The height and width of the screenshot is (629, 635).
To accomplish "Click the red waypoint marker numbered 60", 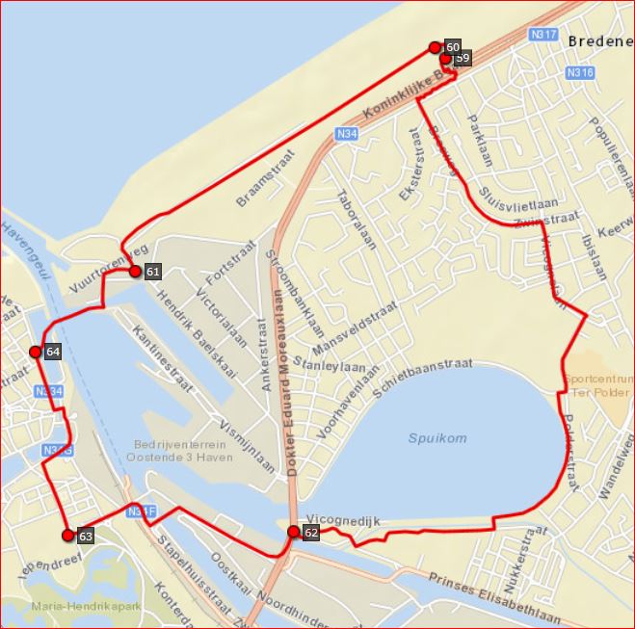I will [435, 47].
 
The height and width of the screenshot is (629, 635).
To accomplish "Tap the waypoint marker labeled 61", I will [135, 272].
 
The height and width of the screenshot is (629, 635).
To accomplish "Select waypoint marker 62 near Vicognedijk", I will [293, 532].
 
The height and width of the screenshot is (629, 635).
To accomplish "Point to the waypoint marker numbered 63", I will [66, 536].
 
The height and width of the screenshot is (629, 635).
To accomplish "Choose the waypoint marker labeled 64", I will [36, 353].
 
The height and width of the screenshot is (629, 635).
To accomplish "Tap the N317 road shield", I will [543, 35].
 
